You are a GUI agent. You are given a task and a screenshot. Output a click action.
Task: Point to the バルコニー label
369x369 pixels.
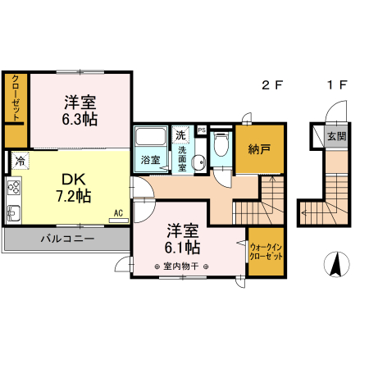pos(67,240)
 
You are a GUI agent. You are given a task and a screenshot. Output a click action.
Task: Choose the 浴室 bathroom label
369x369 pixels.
pos(149,160)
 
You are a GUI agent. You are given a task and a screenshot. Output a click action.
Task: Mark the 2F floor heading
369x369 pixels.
pos(272,85)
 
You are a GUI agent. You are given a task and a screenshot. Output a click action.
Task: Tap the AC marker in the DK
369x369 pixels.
pos(118,214)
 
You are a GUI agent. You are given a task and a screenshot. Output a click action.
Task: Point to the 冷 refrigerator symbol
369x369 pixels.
pos(19,161)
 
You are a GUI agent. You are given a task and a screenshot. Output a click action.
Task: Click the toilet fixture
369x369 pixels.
pos(219,148)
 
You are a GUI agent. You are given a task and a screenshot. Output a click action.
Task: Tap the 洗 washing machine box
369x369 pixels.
pos(180,134)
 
